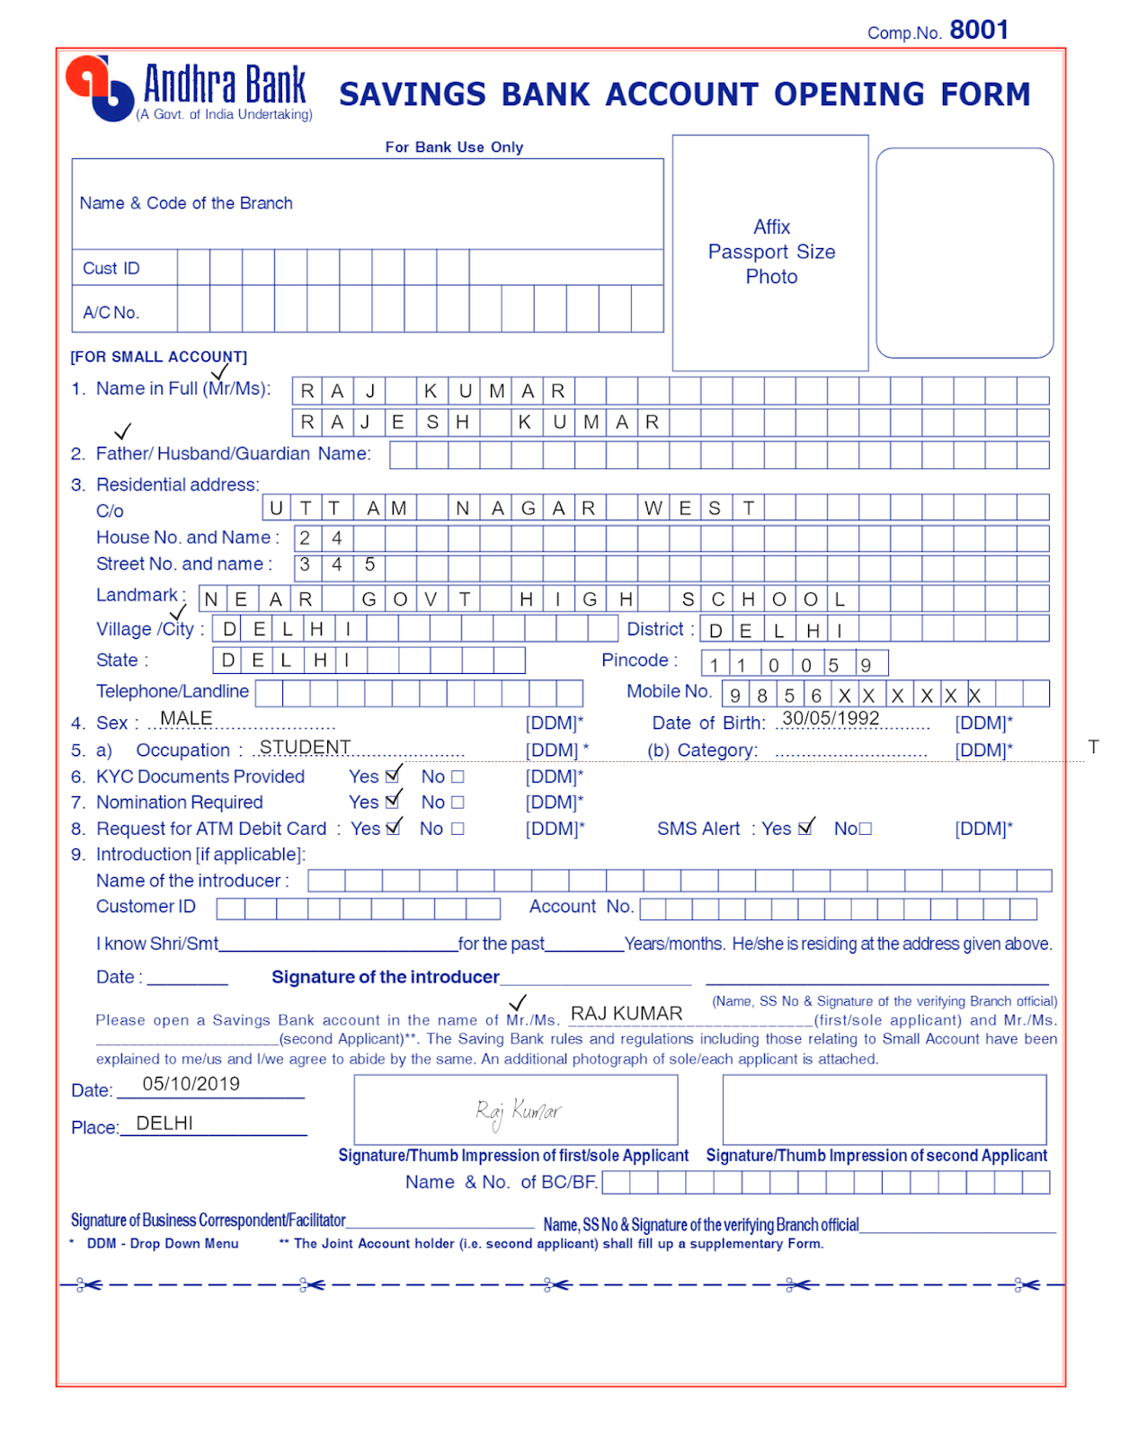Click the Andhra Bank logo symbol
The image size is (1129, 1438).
[99, 88]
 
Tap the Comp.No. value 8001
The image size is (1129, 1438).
[978, 31]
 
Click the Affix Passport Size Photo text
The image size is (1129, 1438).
[771, 252]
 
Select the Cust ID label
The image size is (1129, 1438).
[111, 269]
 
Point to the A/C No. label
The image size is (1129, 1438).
[111, 313]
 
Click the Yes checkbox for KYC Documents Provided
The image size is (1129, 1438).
[392, 777]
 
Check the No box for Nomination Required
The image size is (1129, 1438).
[458, 803]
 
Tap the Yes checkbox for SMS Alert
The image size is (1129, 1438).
[805, 829]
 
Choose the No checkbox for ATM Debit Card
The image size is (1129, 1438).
[458, 829]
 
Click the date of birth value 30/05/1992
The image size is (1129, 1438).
[831, 718]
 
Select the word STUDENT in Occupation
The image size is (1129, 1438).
[305, 747]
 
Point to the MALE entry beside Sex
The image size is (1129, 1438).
[186, 718]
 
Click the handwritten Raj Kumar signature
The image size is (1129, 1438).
[518, 1113]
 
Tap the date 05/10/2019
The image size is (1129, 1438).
[191, 1084]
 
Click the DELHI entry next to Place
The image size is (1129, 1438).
[164, 1123]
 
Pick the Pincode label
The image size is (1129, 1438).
[639, 661]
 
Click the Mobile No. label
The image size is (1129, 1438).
[669, 691]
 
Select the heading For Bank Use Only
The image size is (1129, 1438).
[454, 147]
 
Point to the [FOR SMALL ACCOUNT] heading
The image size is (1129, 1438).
[158, 357]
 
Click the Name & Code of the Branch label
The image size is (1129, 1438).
[186, 203]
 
